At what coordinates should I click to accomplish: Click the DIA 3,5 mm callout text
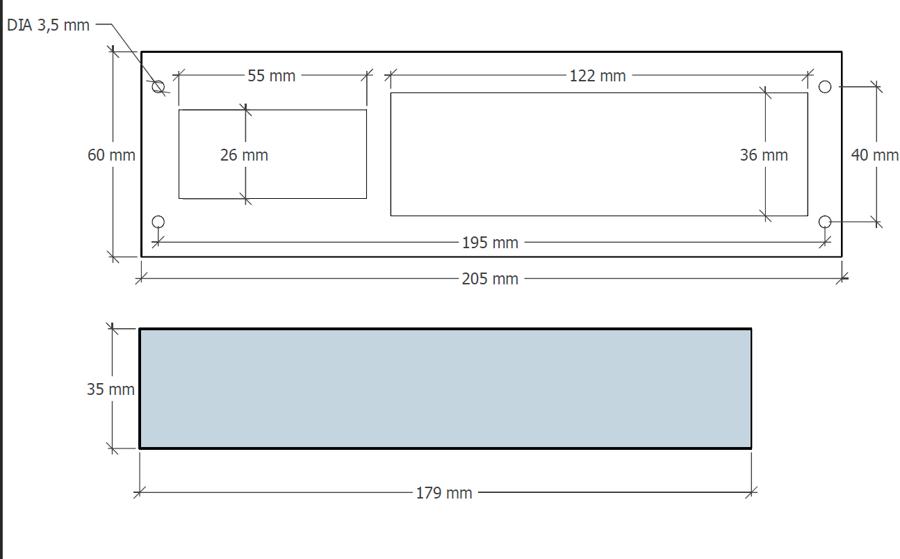tap(49, 25)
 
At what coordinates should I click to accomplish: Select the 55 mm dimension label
tap(272, 76)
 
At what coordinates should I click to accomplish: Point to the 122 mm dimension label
tap(598, 76)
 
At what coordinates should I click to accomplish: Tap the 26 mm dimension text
tap(244, 155)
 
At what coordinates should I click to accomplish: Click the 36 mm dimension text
tap(764, 155)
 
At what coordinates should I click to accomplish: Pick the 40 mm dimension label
tap(874, 155)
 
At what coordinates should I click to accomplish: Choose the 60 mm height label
tap(111, 155)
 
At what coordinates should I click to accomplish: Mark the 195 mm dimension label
tap(490, 243)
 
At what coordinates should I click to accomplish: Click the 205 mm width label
tap(490, 279)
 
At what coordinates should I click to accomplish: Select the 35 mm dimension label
tap(111, 389)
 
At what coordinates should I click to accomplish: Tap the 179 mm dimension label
tap(444, 493)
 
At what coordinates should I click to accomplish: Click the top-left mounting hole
tap(158, 87)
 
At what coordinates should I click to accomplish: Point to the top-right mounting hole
tap(825, 87)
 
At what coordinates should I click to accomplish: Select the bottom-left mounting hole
tap(158, 221)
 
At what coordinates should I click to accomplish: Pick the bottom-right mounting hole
tap(825, 221)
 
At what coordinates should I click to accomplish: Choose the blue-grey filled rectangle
tap(445, 388)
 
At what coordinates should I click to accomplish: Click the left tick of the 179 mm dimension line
tap(140, 492)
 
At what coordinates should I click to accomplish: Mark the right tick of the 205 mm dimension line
tap(842, 279)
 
